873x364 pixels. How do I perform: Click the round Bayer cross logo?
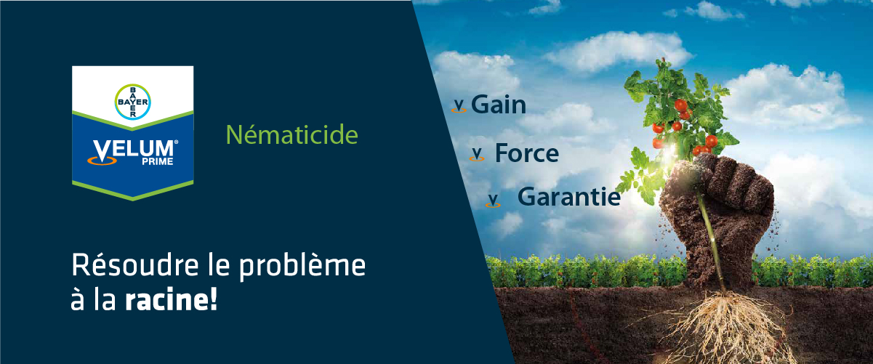pyautogui.click(x=133, y=102)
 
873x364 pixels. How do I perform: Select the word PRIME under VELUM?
pyautogui.click(x=158, y=161)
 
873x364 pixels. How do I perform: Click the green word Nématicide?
pyautogui.click(x=292, y=135)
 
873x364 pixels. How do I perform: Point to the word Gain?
pyautogui.click(x=499, y=105)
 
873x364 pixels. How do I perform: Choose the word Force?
pyautogui.click(x=526, y=153)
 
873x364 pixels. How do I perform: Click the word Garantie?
pyautogui.click(x=568, y=196)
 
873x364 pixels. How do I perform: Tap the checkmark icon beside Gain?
pyautogui.click(x=459, y=106)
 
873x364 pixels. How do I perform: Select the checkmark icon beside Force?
pyautogui.click(x=477, y=154)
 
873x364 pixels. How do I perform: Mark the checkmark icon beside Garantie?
pyautogui.click(x=493, y=201)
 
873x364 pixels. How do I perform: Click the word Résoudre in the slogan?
pyautogui.click(x=135, y=265)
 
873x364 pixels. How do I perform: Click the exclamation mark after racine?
pyautogui.click(x=213, y=299)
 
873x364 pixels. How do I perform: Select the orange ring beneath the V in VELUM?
pyautogui.click(x=102, y=160)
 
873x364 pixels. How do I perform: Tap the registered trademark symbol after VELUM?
pyautogui.click(x=176, y=142)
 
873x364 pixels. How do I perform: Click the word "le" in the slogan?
pyautogui.click(x=219, y=265)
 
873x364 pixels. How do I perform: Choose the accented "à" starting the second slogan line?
pyautogui.click(x=78, y=299)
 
